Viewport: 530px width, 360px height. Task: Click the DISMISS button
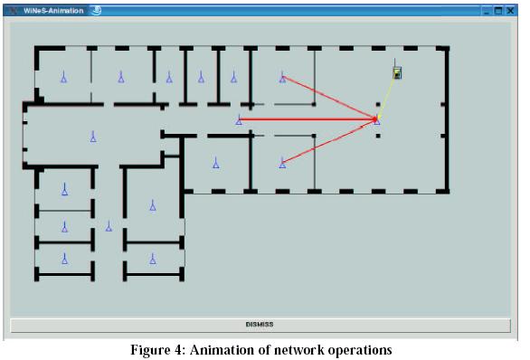point(260,326)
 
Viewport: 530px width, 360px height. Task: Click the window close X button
point(510,11)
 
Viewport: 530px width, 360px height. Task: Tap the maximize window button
point(498,11)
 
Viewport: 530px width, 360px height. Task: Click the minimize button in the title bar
point(487,12)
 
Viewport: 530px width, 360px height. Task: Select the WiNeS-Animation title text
point(53,11)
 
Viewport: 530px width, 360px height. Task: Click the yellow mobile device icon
point(397,72)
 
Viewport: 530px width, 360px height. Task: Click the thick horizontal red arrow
point(308,119)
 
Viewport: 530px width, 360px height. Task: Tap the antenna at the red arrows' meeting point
point(377,120)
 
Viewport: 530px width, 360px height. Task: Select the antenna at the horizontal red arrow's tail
point(239,119)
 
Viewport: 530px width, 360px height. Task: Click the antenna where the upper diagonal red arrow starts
point(282,78)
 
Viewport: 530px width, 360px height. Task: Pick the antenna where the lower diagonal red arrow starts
point(282,163)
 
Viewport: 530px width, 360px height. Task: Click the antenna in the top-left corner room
point(63,77)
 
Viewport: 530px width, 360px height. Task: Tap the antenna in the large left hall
point(93,137)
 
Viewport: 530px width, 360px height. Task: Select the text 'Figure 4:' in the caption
point(158,350)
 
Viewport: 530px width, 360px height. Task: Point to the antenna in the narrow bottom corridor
point(109,226)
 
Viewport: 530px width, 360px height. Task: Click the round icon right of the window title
point(97,11)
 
